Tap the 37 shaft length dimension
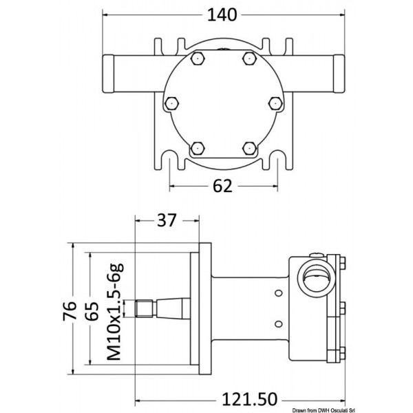(x=162, y=221)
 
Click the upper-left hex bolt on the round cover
(x=197, y=60)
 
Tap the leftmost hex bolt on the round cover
(x=171, y=103)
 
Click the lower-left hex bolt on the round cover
(x=197, y=146)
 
